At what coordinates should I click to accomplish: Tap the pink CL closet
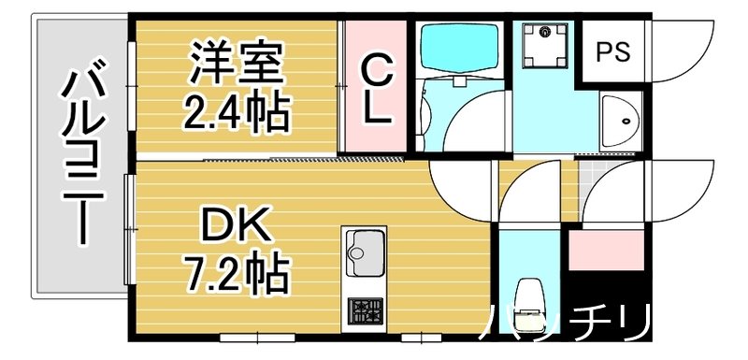pos(375,87)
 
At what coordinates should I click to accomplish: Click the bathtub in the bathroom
pos(460,51)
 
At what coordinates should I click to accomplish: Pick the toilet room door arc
pos(528,192)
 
